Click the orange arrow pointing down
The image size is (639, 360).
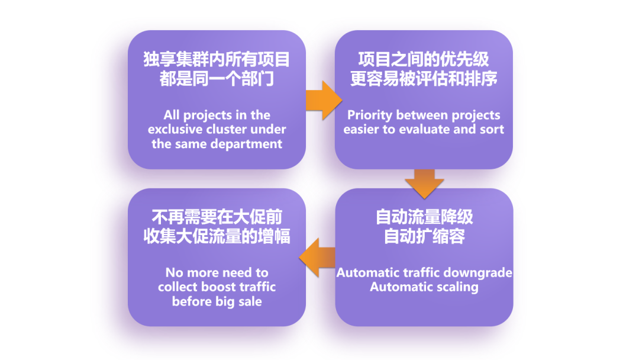[x=424, y=184]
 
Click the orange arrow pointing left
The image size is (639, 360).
[x=317, y=258]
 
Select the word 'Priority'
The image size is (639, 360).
[x=370, y=115]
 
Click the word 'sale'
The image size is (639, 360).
[x=250, y=302]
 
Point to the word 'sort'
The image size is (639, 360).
[x=492, y=130]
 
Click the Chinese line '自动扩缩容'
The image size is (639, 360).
[x=424, y=236]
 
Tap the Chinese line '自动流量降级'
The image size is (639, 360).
[x=424, y=217]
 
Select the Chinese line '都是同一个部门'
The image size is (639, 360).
[x=217, y=79]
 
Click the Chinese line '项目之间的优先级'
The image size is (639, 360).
[x=424, y=60]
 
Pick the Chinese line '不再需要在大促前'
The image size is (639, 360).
[x=217, y=217]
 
